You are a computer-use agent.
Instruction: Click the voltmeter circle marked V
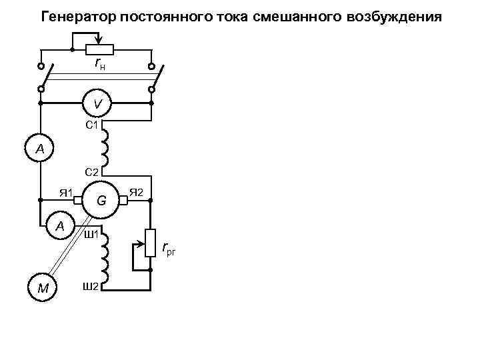(97, 104)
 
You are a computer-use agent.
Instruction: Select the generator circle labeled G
(101, 199)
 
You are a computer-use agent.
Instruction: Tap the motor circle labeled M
(42, 288)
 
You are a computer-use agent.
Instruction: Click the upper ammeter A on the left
(40, 149)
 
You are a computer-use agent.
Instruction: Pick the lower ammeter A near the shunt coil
(60, 226)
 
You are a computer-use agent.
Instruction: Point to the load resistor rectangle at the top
(101, 49)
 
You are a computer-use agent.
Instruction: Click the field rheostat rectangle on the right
(151, 247)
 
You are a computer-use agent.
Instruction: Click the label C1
(92, 125)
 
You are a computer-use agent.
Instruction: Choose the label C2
(92, 172)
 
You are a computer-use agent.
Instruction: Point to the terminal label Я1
(65, 193)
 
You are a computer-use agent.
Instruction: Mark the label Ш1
(91, 235)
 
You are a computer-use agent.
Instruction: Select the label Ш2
(91, 287)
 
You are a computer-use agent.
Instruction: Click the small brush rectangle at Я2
(123, 199)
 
